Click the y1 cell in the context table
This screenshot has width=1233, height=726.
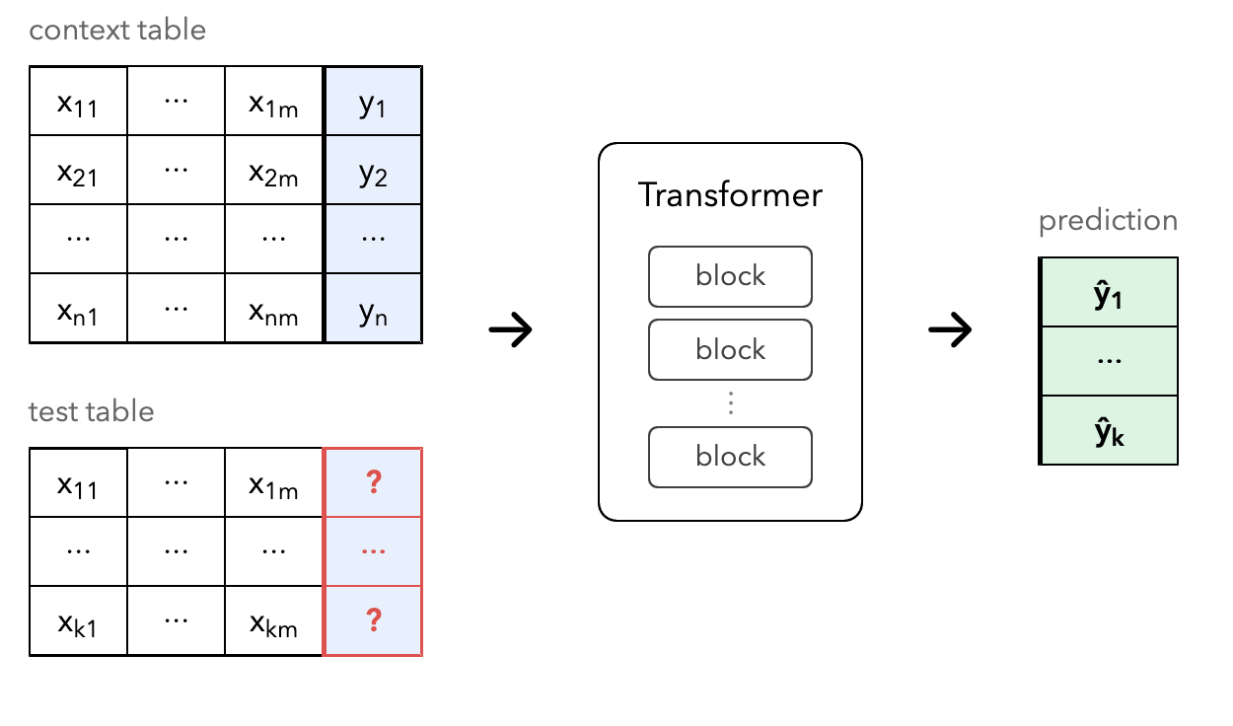(373, 102)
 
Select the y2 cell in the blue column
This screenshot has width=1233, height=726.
(373, 170)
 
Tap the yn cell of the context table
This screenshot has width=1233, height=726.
(373, 308)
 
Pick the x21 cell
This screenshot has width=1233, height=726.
(78, 170)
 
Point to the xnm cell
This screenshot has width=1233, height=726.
(273, 308)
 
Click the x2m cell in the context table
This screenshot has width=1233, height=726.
(273, 170)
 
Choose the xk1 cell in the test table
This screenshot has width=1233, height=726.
(78, 620)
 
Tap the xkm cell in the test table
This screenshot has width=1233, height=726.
(273, 620)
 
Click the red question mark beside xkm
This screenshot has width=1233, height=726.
(374, 620)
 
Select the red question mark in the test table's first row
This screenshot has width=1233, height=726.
(374, 482)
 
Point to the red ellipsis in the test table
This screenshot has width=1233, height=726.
(373, 551)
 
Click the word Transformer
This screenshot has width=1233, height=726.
(730, 195)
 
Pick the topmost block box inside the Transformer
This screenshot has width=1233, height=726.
(730, 277)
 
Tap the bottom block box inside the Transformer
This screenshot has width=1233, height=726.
(730, 457)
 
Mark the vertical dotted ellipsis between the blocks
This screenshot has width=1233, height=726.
(731, 402)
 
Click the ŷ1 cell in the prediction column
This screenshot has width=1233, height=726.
(1109, 292)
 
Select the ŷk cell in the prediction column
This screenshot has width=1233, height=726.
(1109, 430)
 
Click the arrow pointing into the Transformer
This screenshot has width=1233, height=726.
(510, 329)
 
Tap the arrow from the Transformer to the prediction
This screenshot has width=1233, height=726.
(950, 329)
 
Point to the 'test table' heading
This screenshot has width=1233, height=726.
(92, 411)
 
